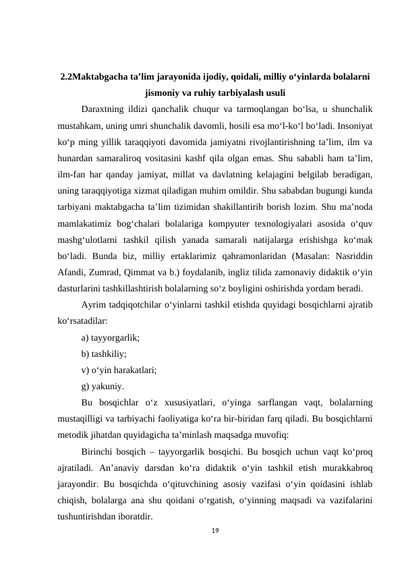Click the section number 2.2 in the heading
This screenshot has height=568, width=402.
[x=67, y=77]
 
